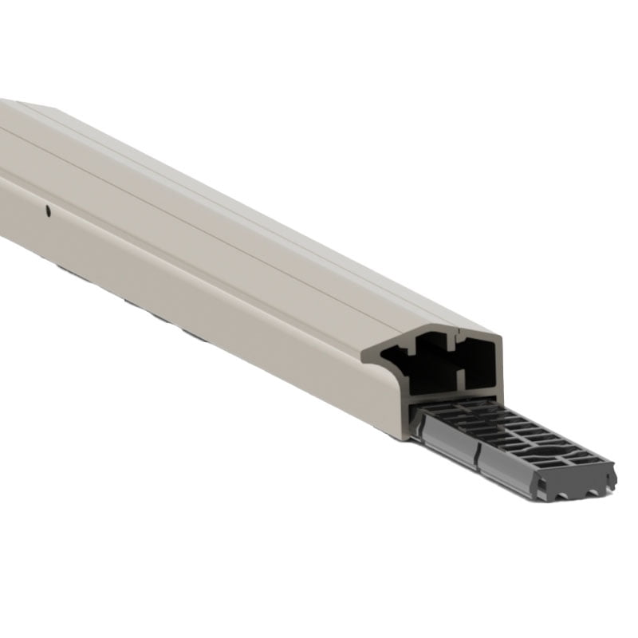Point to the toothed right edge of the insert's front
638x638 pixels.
612,478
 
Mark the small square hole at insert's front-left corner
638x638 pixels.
541,484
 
